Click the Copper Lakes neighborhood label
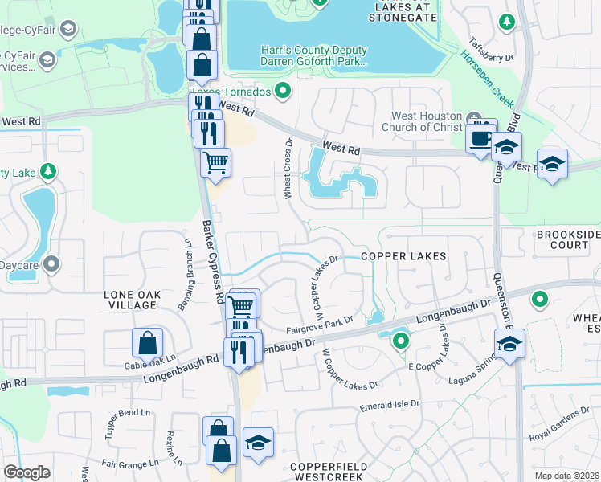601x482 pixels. pos(403,255)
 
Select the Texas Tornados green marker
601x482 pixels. pos(282,92)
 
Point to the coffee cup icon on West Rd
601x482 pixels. pos(482,137)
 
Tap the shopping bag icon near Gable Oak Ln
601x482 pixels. pos(149,344)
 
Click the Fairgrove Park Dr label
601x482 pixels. pos(320,326)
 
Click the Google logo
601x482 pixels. pos(27,472)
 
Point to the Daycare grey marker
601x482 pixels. pos(52,263)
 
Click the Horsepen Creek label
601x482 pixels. pos(485,78)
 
